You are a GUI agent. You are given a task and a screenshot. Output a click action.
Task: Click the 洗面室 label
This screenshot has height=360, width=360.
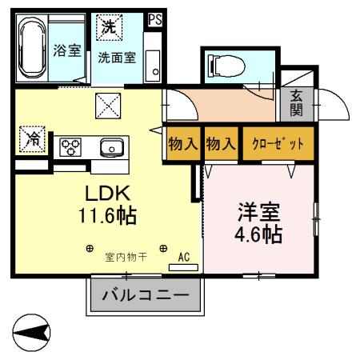coord(117,58)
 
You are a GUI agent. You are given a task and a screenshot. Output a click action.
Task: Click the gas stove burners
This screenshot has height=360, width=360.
coord(73,146)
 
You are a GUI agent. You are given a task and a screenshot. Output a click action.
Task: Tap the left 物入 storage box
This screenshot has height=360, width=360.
coord(183,145)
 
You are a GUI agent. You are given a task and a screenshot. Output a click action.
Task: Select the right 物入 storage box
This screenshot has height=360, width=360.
coord(222,145)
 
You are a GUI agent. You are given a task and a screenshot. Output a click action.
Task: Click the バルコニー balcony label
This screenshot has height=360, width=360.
coord(146,297)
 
